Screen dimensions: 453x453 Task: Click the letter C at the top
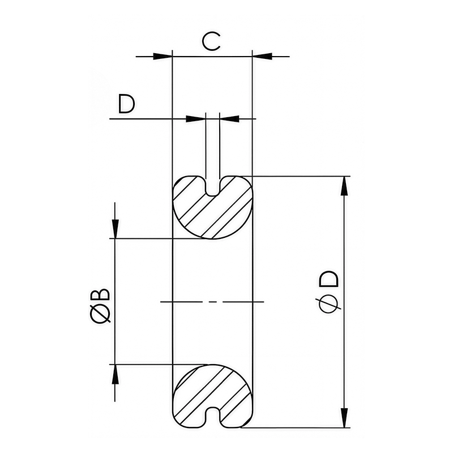point(211,41)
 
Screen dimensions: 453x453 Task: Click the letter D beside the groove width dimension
point(126,104)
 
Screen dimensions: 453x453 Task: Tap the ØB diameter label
point(100,305)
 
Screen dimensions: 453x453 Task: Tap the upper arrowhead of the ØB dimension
point(115,228)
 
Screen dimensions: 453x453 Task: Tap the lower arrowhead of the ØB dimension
point(115,374)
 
